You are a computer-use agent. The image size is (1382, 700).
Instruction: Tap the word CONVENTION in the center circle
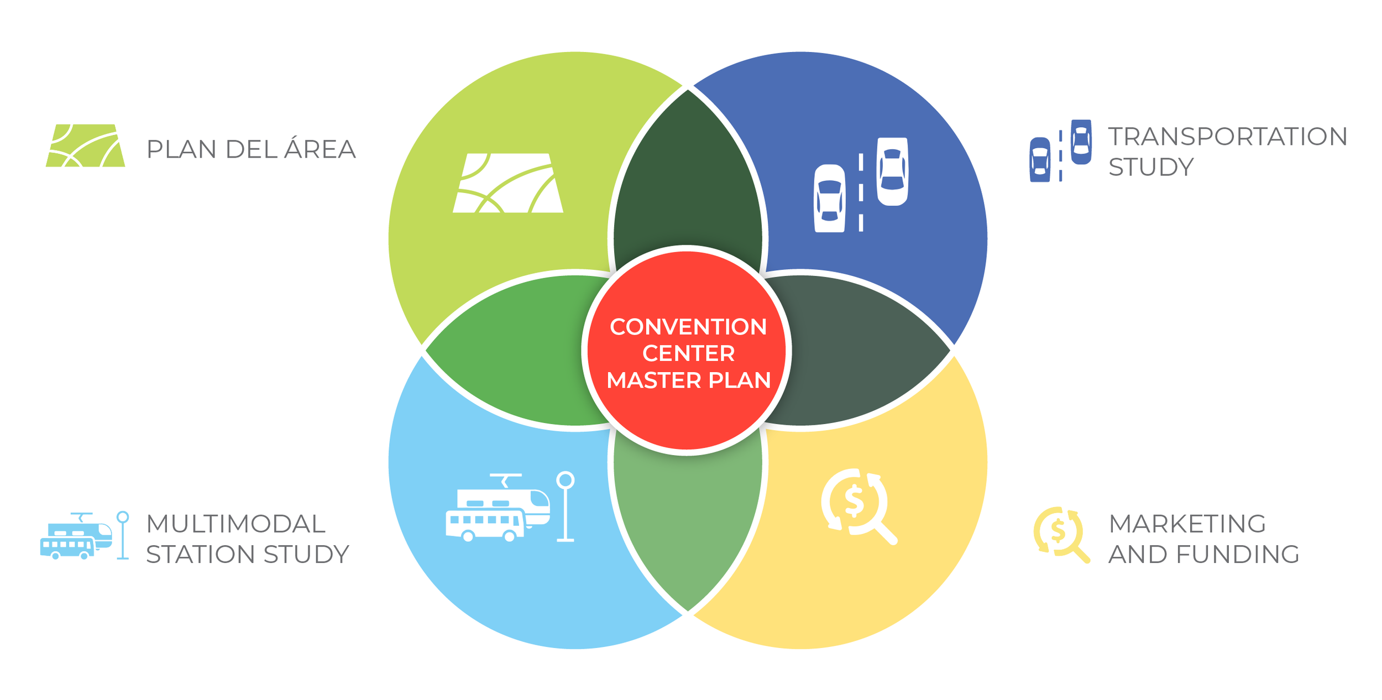(688, 327)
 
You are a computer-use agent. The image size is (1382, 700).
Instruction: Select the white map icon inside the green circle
(507, 183)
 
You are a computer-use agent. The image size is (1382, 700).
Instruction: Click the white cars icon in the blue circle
(860, 185)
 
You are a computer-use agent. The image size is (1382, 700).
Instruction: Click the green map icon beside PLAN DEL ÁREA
(86, 145)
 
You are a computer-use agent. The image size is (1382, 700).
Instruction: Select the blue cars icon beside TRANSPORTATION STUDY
(1060, 150)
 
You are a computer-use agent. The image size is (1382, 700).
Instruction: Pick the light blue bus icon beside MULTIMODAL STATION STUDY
(85, 536)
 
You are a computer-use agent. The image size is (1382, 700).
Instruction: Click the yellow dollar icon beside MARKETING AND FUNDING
(1061, 535)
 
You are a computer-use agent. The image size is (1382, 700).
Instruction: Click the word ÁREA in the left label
(320, 149)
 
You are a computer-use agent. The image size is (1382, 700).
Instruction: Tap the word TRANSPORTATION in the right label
(1228, 137)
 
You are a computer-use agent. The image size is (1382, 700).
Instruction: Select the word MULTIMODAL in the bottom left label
(235, 524)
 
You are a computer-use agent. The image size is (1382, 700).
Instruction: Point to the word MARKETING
(1187, 524)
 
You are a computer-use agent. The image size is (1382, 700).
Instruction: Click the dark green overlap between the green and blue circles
(687, 177)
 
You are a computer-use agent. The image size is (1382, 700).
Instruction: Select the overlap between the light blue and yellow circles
(687, 525)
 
